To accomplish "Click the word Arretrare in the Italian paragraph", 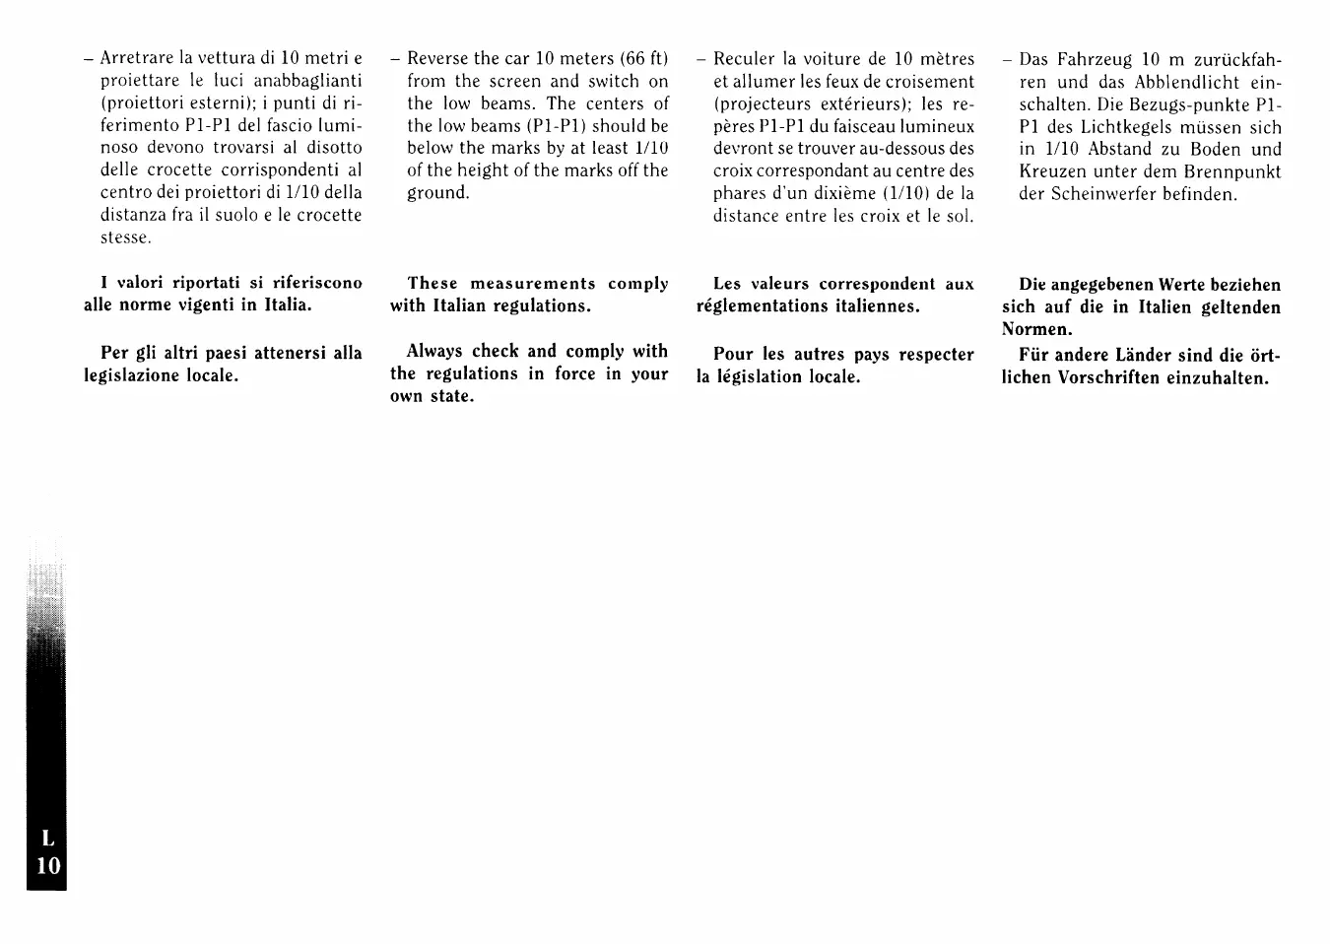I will [x=136, y=58].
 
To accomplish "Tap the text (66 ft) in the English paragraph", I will [x=644, y=58].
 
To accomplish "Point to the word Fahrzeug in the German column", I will [x=1093, y=60].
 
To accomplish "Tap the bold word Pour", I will [x=733, y=354].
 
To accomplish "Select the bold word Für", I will [x=1032, y=356].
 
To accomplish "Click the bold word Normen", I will [x=1036, y=329].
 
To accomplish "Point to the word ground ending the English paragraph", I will [x=437, y=193].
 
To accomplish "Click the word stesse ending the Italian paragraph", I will [x=125, y=237].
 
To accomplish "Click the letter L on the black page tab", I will [x=47, y=839].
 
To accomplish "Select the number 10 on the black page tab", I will [x=47, y=866].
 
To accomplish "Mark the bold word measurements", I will [x=533, y=284].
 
